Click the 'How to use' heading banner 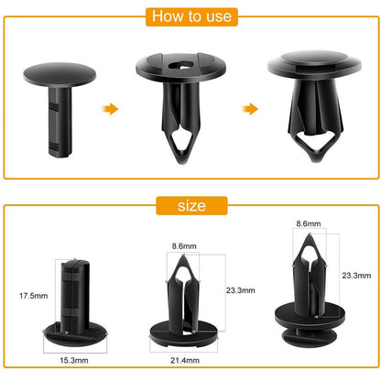point(190,17)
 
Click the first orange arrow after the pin point(111,109)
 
